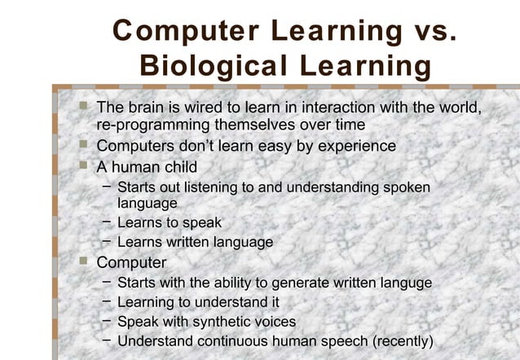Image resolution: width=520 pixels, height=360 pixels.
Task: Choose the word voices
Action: pyautogui.click(x=273, y=322)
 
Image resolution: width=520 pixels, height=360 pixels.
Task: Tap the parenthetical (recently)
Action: pyautogui.click(x=402, y=341)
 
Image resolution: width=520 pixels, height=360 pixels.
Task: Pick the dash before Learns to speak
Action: pyautogui.click(x=106, y=222)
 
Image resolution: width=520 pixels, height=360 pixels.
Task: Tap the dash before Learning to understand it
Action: pyautogui.click(x=106, y=302)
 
